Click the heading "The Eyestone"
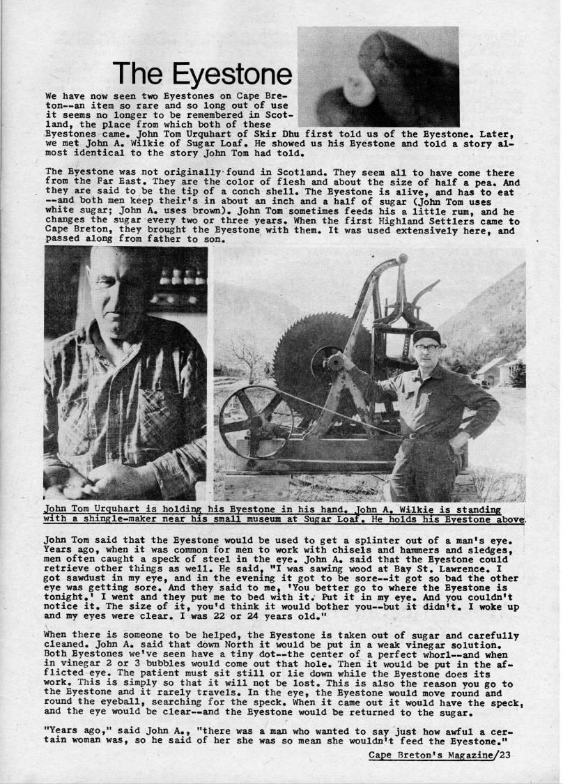point(201,74)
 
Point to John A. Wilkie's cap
point(426,338)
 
